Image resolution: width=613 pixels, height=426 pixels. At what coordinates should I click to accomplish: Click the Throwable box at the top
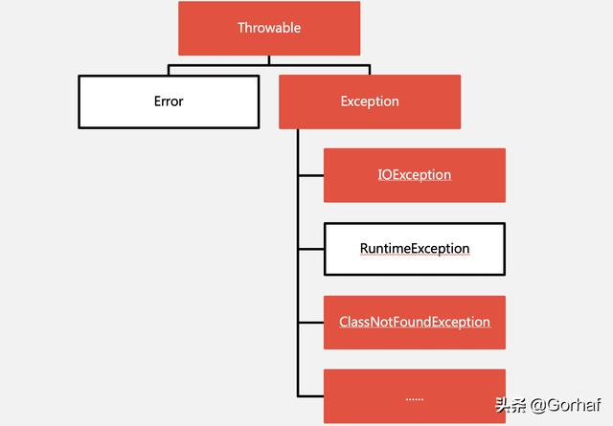[269, 28]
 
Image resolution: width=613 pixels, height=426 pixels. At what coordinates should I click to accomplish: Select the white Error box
[169, 101]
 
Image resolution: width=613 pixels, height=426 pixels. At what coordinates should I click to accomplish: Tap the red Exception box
[370, 101]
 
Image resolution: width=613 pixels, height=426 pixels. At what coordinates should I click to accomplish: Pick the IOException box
[414, 175]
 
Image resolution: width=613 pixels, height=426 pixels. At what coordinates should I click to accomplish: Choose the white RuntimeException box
[414, 249]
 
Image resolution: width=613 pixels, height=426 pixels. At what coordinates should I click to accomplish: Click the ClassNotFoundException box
[414, 323]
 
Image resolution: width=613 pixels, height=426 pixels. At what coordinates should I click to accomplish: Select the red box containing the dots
[414, 396]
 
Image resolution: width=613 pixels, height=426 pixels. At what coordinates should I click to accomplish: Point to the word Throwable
[269, 28]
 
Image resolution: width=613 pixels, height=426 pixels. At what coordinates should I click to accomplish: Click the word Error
[169, 101]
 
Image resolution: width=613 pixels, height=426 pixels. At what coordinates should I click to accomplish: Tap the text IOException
[414, 175]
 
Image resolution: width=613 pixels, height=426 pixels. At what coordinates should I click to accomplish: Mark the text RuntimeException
[415, 249]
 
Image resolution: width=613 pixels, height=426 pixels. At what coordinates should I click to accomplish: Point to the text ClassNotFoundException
[414, 323]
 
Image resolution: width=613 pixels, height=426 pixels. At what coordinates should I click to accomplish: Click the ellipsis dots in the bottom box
[414, 396]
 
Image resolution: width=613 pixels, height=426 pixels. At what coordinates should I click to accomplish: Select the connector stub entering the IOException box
[310, 175]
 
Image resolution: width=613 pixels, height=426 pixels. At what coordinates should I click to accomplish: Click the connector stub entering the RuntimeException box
[310, 249]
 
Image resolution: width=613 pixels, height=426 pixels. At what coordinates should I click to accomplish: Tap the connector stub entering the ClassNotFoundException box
[310, 323]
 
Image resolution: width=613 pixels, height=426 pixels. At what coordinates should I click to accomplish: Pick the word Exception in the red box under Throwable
[370, 101]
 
